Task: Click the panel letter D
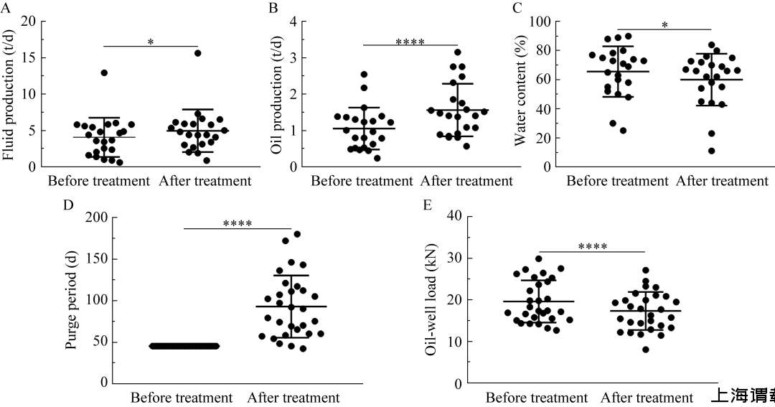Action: tap(69, 205)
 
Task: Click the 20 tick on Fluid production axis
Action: tap(29, 21)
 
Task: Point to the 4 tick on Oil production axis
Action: tap(293, 21)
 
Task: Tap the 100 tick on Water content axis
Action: tap(539, 22)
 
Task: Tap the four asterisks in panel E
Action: tap(593, 248)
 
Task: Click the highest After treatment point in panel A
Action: tap(197, 53)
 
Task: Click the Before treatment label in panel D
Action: tap(182, 397)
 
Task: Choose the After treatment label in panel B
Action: tap(467, 181)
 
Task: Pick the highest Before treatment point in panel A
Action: tap(104, 73)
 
